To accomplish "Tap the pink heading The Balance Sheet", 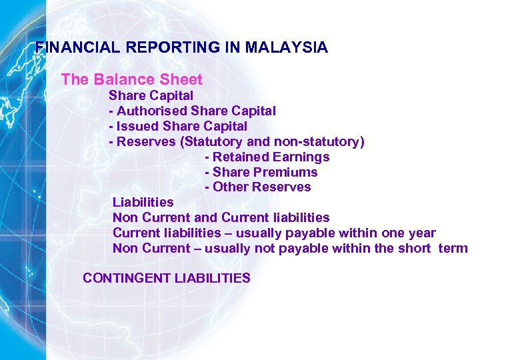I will pos(131,80).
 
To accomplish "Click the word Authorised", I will pos(152,111).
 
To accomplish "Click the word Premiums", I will pos(289,172).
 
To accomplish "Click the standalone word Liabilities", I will pos(143,202).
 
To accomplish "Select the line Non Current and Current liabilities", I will pos(221,217).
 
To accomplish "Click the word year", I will pos(421,233).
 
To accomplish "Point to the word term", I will pos(453,249).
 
